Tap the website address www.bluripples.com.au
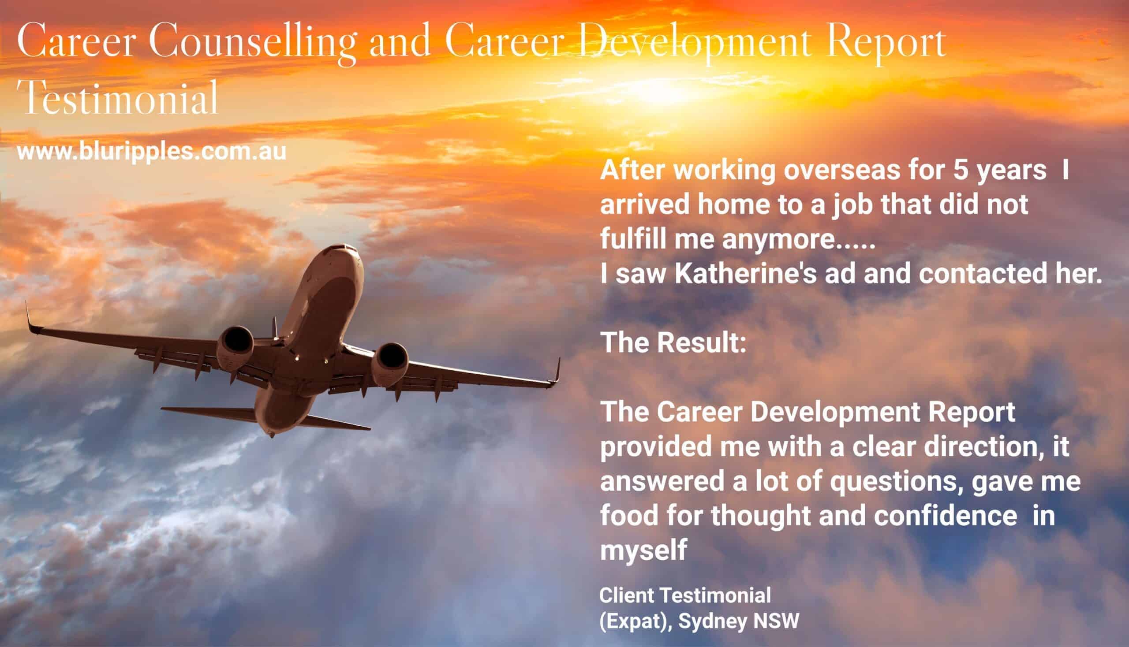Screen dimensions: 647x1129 (x=151, y=152)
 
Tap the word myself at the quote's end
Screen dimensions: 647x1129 (x=643, y=550)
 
